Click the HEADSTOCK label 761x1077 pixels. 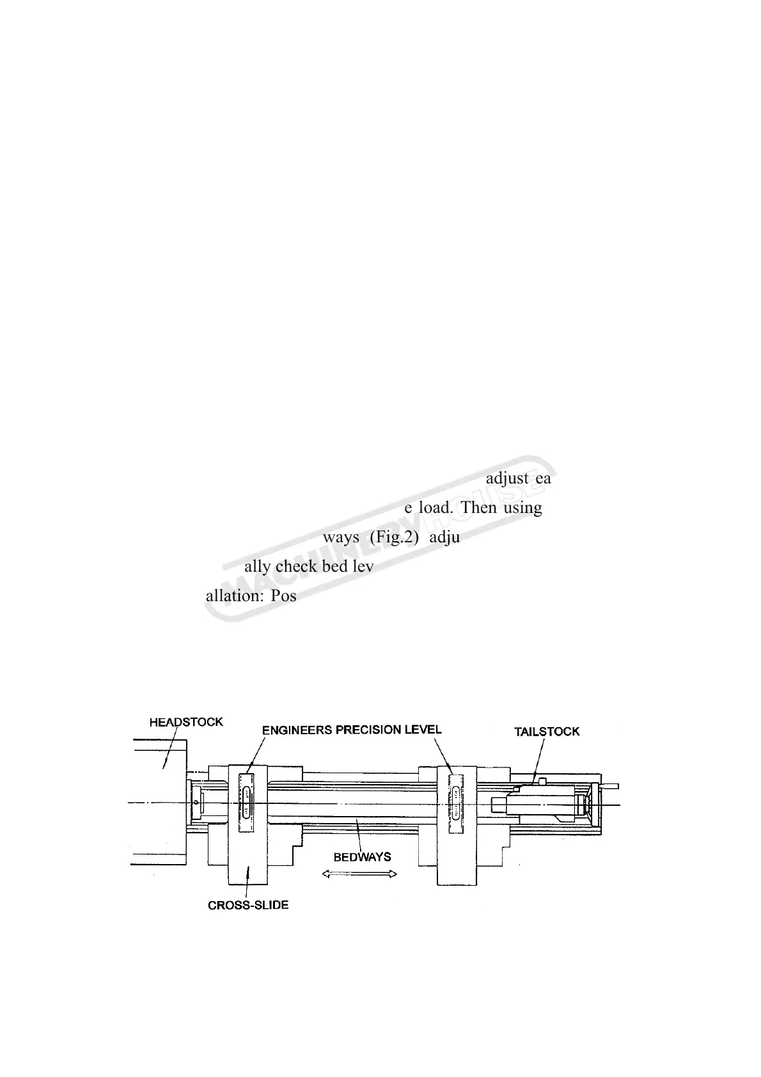(x=186, y=722)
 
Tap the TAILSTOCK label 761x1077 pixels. (x=547, y=731)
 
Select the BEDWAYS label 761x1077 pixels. (x=362, y=857)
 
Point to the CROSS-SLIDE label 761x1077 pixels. (x=248, y=906)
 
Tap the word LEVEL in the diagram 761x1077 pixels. (x=421, y=729)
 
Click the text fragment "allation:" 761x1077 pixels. (x=233, y=596)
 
